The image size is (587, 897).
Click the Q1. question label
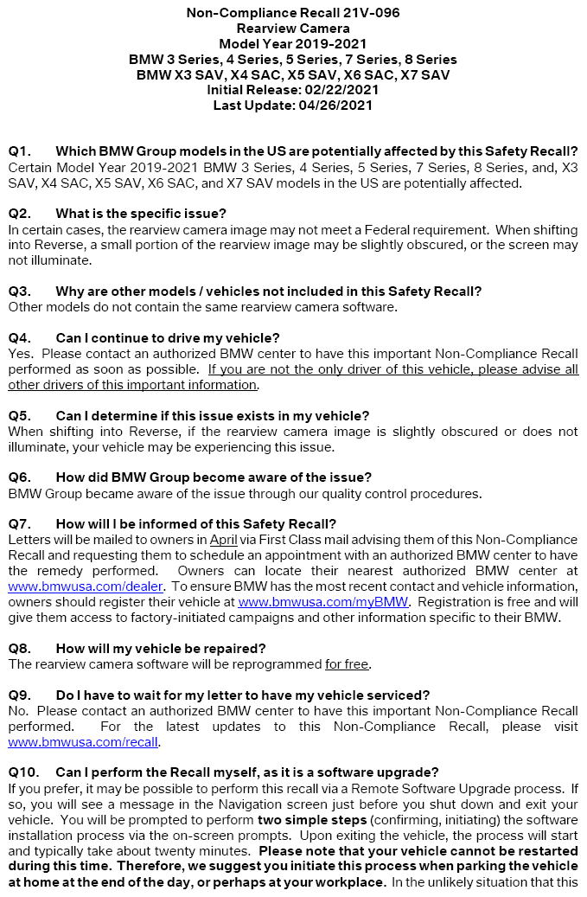point(21,151)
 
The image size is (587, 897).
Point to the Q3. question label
point(21,291)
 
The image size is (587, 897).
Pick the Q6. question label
point(21,477)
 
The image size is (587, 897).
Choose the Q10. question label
point(24,772)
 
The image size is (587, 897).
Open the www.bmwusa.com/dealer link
point(55,586)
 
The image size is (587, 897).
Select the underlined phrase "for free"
point(347,663)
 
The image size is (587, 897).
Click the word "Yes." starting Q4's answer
point(21,353)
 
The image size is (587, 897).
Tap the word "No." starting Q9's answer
point(18,710)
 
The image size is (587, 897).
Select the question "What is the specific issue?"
point(153,213)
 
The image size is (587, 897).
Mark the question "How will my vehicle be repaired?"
point(160,648)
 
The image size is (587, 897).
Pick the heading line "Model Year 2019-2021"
point(292,44)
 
